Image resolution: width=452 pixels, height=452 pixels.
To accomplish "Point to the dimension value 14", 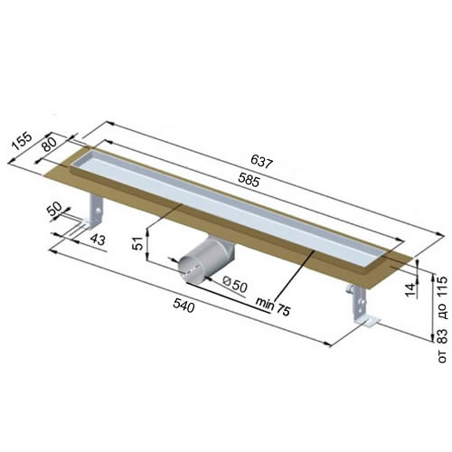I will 410,289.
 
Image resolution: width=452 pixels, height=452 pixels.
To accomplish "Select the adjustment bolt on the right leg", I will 351,290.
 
